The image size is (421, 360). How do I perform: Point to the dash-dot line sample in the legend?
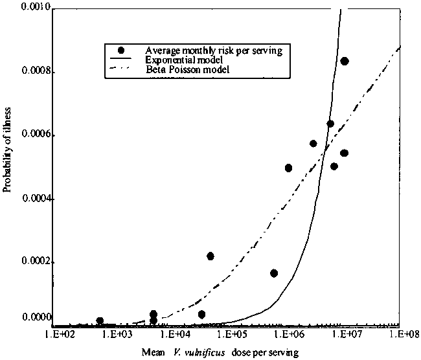[x=123, y=68]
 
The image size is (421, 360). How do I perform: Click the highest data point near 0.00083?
[x=345, y=61]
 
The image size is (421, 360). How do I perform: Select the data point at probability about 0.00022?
[x=210, y=256]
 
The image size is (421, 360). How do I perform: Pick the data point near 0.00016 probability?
[x=274, y=273]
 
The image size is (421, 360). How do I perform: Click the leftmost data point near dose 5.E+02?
[x=100, y=321]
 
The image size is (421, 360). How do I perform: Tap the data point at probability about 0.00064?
[x=330, y=124]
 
